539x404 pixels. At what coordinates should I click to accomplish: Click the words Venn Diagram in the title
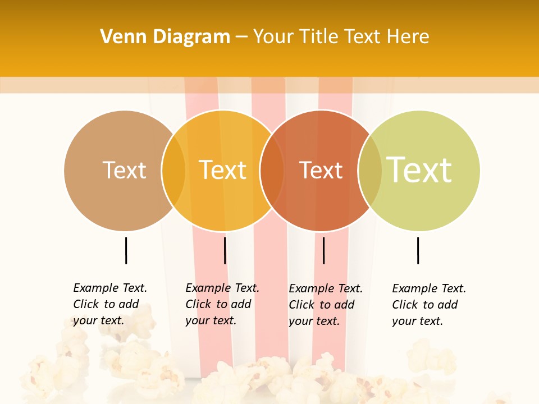point(165,37)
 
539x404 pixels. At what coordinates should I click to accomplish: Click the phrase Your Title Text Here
point(341,37)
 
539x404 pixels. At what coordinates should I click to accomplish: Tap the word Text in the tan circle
point(124,170)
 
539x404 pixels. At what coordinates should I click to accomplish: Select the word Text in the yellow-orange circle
point(223,170)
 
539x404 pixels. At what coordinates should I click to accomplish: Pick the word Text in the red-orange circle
point(321,171)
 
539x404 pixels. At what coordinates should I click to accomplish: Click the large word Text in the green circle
point(419,169)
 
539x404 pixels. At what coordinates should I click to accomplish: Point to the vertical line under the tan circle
point(126,250)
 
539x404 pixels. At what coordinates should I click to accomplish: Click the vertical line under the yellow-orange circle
point(225,250)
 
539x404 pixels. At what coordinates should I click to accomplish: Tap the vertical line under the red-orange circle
point(324,250)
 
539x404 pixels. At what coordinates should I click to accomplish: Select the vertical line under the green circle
point(418,250)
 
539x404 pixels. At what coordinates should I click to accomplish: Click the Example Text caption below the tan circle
point(109,304)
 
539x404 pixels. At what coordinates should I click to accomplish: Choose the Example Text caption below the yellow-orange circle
point(222,304)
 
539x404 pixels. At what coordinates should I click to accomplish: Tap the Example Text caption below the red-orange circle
point(325,305)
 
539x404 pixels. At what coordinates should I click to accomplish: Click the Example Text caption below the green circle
point(428,305)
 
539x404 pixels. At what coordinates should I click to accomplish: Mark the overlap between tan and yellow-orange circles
point(173,171)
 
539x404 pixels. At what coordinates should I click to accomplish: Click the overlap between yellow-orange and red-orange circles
point(272,171)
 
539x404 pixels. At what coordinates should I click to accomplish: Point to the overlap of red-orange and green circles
point(370,171)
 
